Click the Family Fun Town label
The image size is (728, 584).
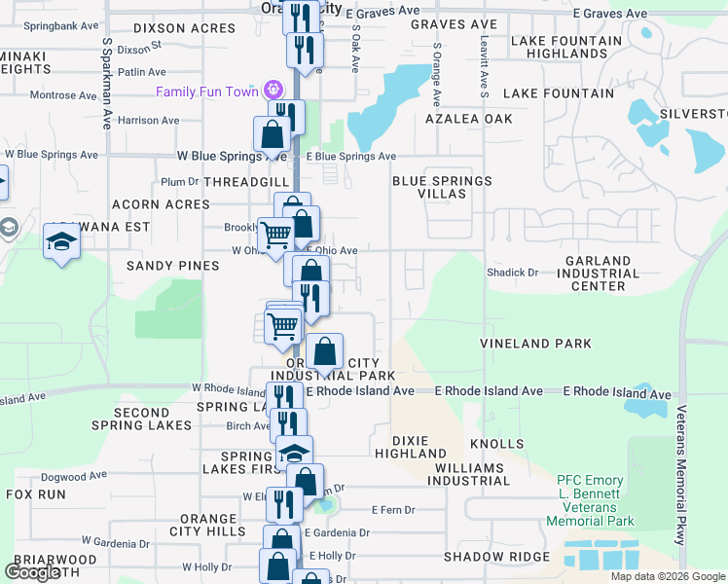[x=209, y=91]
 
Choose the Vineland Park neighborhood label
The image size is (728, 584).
[x=535, y=344]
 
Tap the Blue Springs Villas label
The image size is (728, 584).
[x=442, y=188]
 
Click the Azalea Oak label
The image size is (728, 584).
[x=468, y=119]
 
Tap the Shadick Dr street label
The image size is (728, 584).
[x=513, y=273]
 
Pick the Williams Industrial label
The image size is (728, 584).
[x=467, y=473]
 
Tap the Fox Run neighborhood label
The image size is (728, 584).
[x=36, y=494]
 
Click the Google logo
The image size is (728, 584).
[x=32, y=572]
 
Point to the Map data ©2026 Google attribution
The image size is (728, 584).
[x=668, y=576]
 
